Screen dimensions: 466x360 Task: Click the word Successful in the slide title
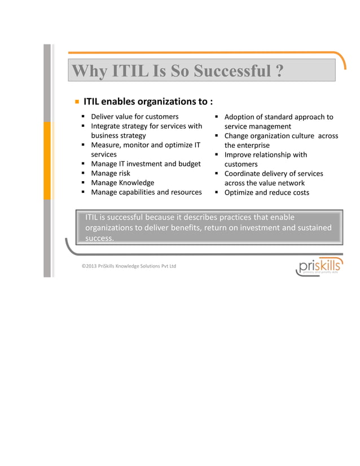pos(231,72)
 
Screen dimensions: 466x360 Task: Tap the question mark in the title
pos(279,72)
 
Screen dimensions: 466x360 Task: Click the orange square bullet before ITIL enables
pos(76,102)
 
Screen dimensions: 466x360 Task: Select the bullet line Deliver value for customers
pos(134,117)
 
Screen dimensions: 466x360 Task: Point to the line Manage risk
pos(111,173)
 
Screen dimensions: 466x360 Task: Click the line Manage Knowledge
pos(122,183)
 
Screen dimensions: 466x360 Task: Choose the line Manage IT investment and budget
pos(146,164)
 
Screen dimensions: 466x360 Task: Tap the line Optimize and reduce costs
pos(266,192)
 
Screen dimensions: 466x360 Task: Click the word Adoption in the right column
pos(242,117)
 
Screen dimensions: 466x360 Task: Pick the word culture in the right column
pos(301,136)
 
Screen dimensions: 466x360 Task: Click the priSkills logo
pos(318,266)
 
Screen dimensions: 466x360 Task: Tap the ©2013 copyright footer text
pos(129,266)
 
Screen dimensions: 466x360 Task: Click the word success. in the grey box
pos(99,238)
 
